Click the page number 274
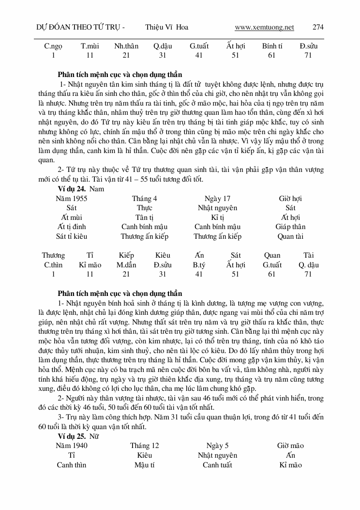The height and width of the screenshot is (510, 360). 318,28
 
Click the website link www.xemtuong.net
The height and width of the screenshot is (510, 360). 264,28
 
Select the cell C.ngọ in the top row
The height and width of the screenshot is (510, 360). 54,46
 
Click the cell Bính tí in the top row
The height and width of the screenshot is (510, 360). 272,46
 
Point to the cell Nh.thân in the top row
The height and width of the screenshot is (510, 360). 126,46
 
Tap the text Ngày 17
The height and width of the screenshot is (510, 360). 217,199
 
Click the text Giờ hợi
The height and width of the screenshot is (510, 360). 290,199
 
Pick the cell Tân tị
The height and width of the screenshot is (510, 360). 144,217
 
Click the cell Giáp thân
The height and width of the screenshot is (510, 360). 290,227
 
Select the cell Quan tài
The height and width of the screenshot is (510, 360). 290,236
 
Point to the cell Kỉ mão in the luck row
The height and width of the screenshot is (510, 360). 90,265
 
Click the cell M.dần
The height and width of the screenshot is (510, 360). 126,265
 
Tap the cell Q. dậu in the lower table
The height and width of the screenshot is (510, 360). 309,265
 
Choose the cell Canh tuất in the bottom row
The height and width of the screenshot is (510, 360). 217,465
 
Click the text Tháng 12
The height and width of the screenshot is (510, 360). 144,446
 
